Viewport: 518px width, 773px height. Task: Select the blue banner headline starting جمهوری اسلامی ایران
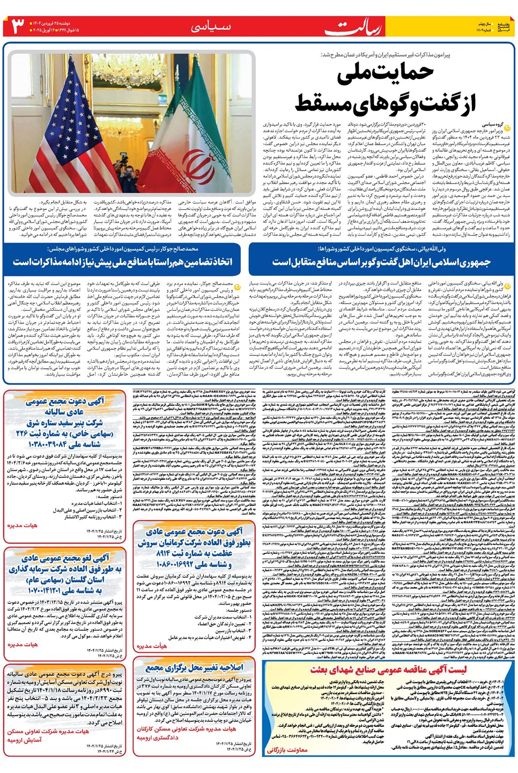[x=382, y=262]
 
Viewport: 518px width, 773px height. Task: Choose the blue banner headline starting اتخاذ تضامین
[x=123, y=262]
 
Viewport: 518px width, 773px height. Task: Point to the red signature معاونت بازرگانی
[x=287, y=750]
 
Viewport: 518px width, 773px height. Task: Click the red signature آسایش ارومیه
[x=25, y=740]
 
